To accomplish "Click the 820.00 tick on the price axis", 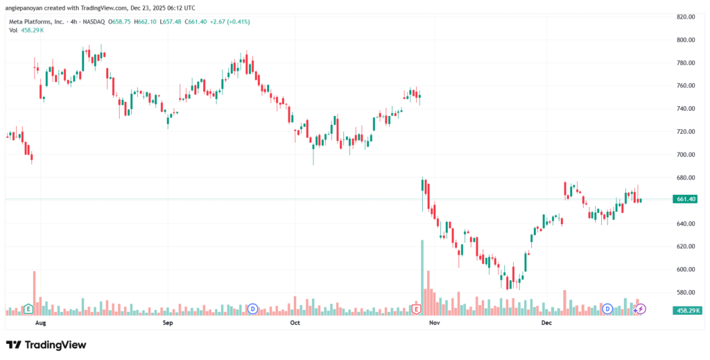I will pyautogui.click(x=686, y=17).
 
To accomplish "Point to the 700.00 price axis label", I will pyautogui.click(x=686, y=155).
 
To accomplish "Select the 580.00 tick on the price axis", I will pyautogui.click(x=686, y=292).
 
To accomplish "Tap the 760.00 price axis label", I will pyautogui.click(x=686, y=86).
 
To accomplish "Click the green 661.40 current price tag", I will pyautogui.click(x=685, y=199).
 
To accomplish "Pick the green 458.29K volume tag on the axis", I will pyautogui.click(x=686, y=310).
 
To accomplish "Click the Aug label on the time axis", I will pyautogui.click(x=40, y=323).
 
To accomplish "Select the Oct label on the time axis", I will pyautogui.click(x=295, y=323).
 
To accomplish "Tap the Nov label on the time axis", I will pyautogui.click(x=435, y=323).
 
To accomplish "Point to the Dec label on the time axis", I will pyautogui.click(x=546, y=323).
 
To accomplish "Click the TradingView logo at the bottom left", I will pyautogui.click(x=46, y=345).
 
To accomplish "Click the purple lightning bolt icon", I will pyautogui.click(x=641, y=309).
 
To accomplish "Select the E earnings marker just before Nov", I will pyautogui.click(x=417, y=309).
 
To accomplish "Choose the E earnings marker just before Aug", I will pyautogui.click(x=28, y=309).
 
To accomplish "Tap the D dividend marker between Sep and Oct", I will pyautogui.click(x=252, y=309).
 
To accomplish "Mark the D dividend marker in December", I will pyautogui.click(x=608, y=309).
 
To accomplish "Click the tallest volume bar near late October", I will pyautogui.click(x=422, y=277).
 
